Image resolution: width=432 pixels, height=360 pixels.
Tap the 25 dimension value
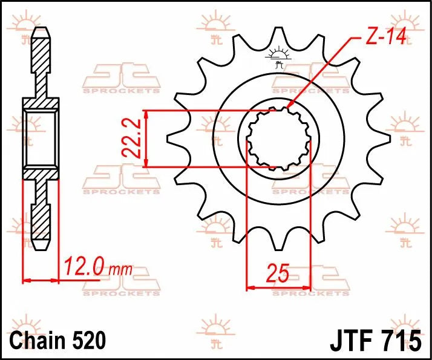pyautogui.click(x=278, y=274)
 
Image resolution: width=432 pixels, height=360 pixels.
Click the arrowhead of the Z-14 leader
pyautogui.click(x=289, y=107)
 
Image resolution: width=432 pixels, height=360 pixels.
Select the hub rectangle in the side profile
pyautogui.click(x=41, y=139)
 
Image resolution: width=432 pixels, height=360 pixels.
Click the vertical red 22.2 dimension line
pyautogui.click(x=146, y=139)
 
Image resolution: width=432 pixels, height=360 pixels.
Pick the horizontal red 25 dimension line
pyautogui.click(x=278, y=287)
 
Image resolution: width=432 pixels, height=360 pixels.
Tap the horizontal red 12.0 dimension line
pyautogui.click(x=41, y=280)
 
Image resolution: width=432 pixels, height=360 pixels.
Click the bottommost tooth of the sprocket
pyautogui.click(x=278, y=242)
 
